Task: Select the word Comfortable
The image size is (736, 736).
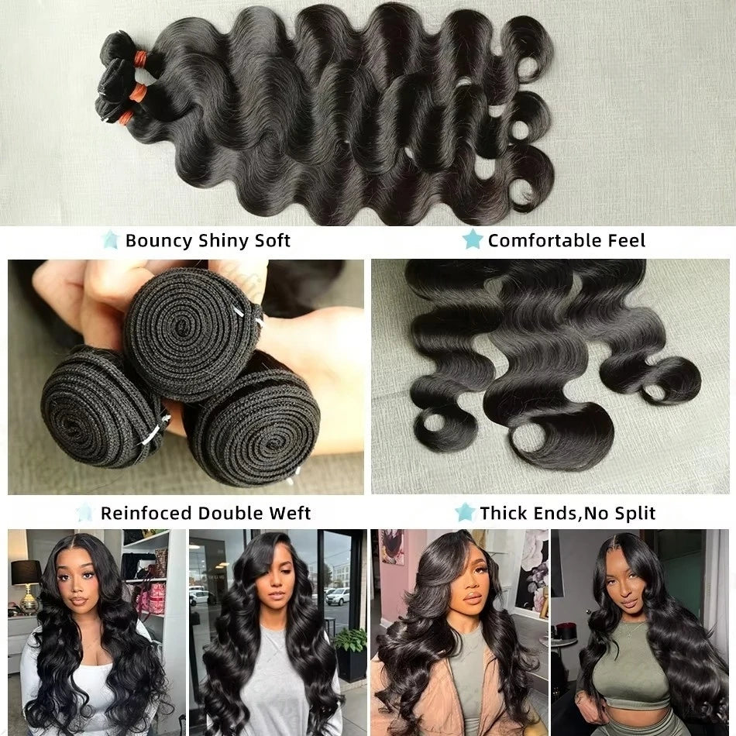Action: pyautogui.click(x=542, y=241)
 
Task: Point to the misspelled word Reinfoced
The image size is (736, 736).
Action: pyautogui.click(x=146, y=513)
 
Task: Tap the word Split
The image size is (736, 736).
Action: pyautogui.click(x=633, y=513)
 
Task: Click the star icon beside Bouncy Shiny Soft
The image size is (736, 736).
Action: pyautogui.click(x=111, y=240)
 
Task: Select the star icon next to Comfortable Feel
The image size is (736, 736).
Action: pyautogui.click(x=472, y=240)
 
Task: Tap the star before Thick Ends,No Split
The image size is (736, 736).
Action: pyautogui.click(x=465, y=512)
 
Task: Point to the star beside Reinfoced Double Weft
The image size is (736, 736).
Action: pyautogui.click(x=85, y=512)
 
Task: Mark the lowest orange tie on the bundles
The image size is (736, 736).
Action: pyautogui.click(x=126, y=119)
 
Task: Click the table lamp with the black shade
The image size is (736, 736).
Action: pyautogui.click(x=26, y=577)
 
